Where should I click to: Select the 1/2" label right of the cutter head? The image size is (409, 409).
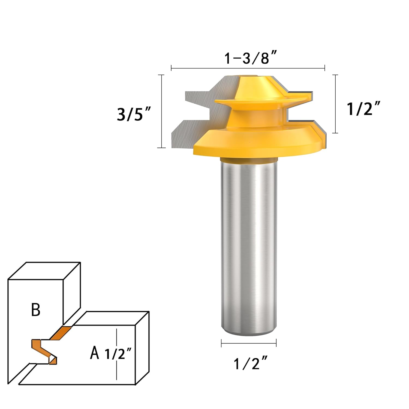click(x=363, y=108)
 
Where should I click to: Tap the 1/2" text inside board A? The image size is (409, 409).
click(x=119, y=354)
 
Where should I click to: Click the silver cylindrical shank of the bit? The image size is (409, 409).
click(x=249, y=245)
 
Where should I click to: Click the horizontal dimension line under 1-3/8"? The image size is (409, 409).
click(x=248, y=68)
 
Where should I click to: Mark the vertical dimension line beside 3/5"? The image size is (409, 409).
click(x=162, y=111)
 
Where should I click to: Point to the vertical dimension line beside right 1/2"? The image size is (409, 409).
click(x=335, y=104)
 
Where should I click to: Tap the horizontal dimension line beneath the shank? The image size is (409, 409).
click(x=249, y=343)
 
